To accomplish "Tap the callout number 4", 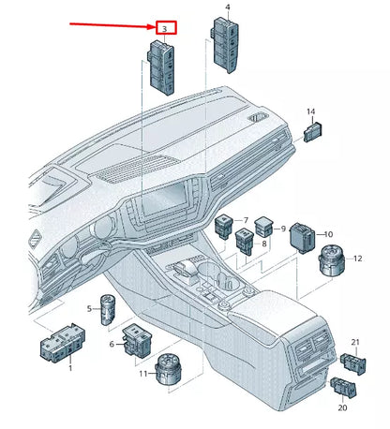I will [x=228, y=7].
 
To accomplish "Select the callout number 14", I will [x=310, y=112].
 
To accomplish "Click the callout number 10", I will [x=328, y=234].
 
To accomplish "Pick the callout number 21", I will [x=355, y=343].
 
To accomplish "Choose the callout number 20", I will [x=342, y=407].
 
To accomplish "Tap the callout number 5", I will [x=90, y=308].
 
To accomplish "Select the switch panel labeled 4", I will [x=228, y=43].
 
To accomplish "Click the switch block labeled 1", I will [x=60, y=348].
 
